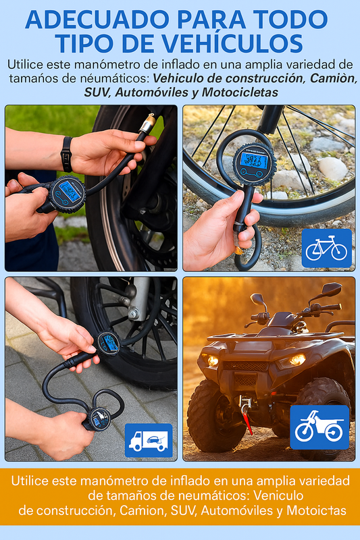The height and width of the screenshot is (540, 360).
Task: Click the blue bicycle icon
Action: click(327, 248)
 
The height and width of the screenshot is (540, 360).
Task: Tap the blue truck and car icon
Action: click(149, 441)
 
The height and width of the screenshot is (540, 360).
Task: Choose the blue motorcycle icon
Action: click(319, 427)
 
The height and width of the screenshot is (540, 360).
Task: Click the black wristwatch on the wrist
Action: click(66, 154)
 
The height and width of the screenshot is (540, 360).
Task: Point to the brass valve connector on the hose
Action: click(147, 124)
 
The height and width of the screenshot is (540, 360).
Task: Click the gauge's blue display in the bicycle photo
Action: click(255, 159)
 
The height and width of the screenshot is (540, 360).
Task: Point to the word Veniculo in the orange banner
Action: click(278, 495)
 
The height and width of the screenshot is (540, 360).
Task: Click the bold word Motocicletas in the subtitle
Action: click(240, 92)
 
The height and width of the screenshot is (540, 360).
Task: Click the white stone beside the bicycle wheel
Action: click(332, 168)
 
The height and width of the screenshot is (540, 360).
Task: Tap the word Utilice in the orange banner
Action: click(30, 481)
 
